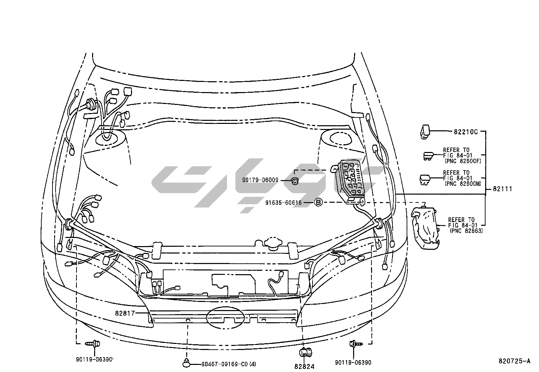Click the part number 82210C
coord(466,132)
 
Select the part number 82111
coord(502,189)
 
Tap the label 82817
coord(125,313)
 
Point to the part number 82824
coord(304,367)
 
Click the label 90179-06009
coord(260,180)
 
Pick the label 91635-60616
coord(283,203)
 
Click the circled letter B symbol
coord(318,202)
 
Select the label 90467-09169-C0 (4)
coord(229,364)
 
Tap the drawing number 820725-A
coord(515,361)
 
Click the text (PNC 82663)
coord(466,231)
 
